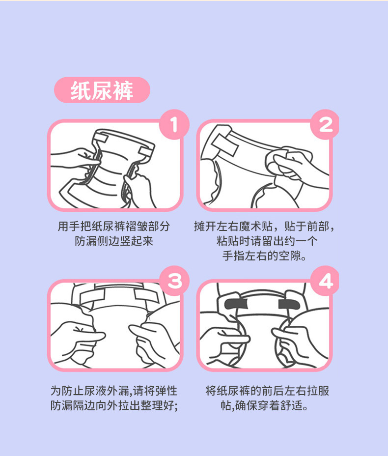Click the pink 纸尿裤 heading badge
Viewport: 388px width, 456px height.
(x=102, y=90)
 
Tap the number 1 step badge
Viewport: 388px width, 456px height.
(x=174, y=124)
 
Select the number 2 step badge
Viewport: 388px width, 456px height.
(x=325, y=124)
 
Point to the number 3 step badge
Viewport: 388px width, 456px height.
(x=174, y=281)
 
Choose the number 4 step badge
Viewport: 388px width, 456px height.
(x=325, y=281)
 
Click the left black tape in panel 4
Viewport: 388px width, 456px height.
(x=236, y=304)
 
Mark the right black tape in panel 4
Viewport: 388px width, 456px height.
(x=289, y=304)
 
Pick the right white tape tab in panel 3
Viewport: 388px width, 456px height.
(x=146, y=295)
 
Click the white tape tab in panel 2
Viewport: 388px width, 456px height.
(x=224, y=144)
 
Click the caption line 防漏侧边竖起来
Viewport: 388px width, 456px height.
(x=114, y=241)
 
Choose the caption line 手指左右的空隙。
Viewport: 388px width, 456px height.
(x=264, y=256)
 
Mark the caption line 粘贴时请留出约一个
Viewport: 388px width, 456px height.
(x=267, y=241)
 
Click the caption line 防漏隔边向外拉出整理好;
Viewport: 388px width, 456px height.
(x=114, y=405)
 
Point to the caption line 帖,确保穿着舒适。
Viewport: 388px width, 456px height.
(x=264, y=405)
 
